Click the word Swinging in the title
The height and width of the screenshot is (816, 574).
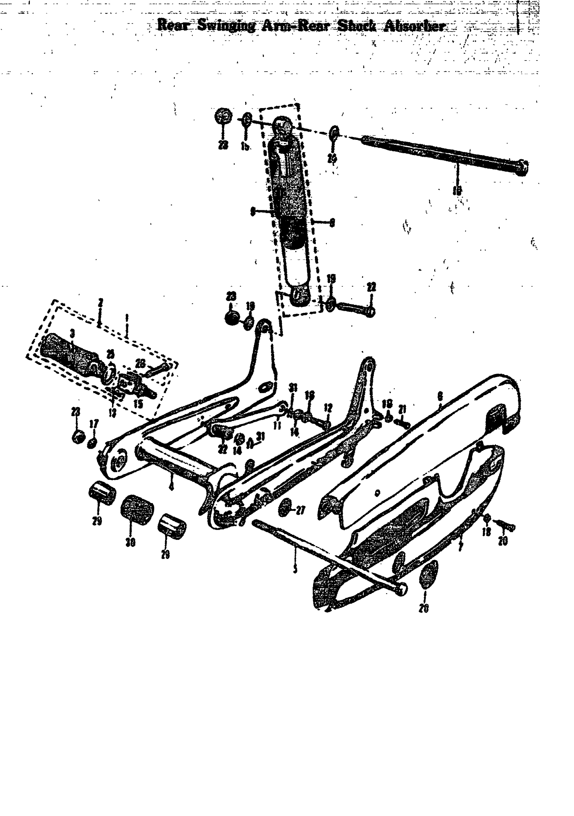(226, 26)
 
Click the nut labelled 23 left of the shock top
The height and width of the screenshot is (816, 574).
(224, 116)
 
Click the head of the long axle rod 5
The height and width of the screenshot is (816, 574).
(401, 590)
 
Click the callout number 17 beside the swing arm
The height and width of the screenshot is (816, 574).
(94, 424)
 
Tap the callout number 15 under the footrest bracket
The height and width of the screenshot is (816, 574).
(138, 404)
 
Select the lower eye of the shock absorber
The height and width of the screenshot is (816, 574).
(299, 296)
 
